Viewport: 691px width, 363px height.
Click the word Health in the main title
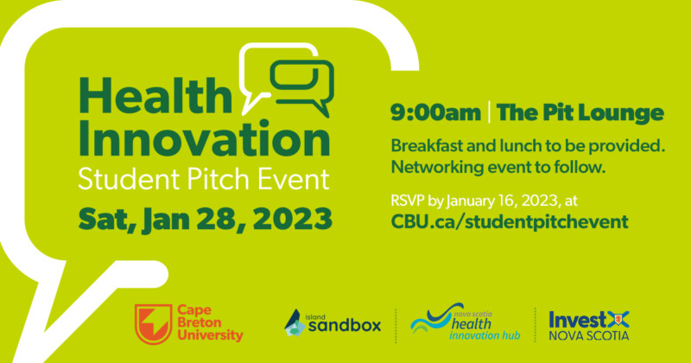coord(155,96)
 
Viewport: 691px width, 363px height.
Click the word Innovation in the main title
coord(205,138)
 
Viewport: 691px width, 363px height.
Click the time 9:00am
coord(435,113)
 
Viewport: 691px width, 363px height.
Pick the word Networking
coord(431,168)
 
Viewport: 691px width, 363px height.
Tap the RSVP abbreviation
coord(408,201)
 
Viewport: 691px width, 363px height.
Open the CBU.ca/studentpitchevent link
coord(510,222)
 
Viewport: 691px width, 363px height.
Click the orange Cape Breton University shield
coord(153,324)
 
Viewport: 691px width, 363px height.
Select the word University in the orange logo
coord(210,335)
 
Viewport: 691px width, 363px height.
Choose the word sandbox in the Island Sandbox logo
coord(344,326)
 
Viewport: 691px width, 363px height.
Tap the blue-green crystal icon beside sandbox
coord(295,323)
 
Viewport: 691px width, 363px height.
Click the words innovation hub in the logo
coord(485,335)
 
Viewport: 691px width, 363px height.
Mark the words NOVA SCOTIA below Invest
coord(589,335)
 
